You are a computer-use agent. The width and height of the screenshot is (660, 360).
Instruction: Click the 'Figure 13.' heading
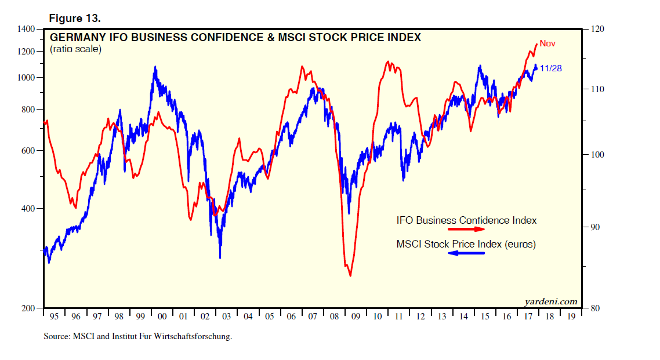click(x=74, y=19)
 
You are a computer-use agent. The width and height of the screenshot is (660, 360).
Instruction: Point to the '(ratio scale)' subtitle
click(x=75, y=49)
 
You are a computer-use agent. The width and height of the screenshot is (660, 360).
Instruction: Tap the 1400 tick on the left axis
click(x=27, y=28)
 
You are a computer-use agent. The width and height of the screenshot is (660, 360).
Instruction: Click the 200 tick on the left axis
click(x=28, y=308)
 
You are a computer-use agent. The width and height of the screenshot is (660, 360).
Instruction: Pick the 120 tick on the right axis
click(x=597, y=28)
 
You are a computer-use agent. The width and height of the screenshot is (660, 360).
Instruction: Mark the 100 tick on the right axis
click(x=597, y=155)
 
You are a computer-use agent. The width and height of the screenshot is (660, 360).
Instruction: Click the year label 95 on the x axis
click(x=55, y=317)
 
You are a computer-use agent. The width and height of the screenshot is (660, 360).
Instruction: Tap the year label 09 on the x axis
click(x=356, y=317)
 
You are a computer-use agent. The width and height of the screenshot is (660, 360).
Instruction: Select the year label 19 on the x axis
click(x=571, y=317)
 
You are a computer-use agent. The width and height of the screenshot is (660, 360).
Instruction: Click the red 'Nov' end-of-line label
click(x=547, y=43)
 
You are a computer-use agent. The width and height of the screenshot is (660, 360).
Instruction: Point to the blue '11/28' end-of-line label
click(x=550, y=68)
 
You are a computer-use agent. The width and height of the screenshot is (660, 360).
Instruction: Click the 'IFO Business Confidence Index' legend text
click(x=466, y=220)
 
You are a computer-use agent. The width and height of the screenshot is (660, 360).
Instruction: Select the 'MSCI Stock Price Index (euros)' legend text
click(x=466, y=245)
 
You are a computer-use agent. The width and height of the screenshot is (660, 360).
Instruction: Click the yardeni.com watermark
click(x=550, y=301)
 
